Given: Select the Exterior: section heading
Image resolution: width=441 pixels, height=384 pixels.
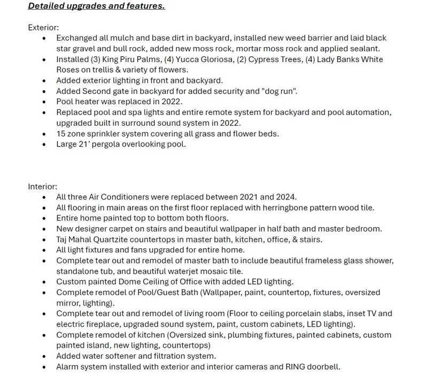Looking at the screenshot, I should [43, 27].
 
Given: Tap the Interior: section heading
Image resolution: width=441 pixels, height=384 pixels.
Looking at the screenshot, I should [42, 187].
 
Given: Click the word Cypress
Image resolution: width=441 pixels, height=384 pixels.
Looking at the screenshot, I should [263, 59].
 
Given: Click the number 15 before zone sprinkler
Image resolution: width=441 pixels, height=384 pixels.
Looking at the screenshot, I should [61, 134].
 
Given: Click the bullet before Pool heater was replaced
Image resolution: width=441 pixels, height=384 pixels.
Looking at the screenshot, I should [44, 102].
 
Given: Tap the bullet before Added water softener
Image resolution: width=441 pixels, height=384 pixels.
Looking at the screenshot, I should [44, 356].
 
